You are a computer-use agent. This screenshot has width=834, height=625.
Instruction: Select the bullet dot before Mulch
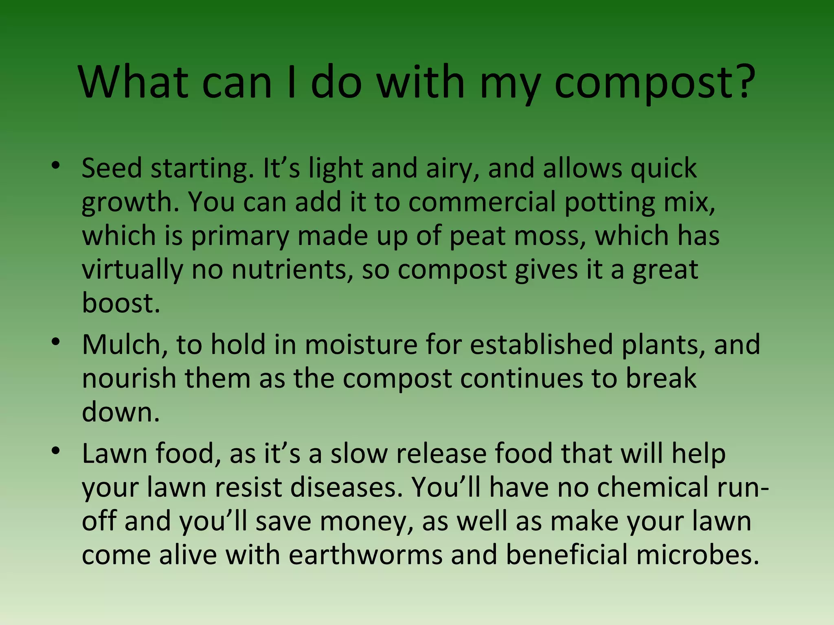click(56, 341)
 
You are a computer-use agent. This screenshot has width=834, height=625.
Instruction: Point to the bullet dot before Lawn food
click(56, 450)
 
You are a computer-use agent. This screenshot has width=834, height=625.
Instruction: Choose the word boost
click(121, 303)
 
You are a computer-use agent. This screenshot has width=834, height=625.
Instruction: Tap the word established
click(541, 345)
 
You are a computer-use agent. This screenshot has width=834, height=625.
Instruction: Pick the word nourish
click(129, 378)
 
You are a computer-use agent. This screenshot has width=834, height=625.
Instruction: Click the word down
click(121, 412)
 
